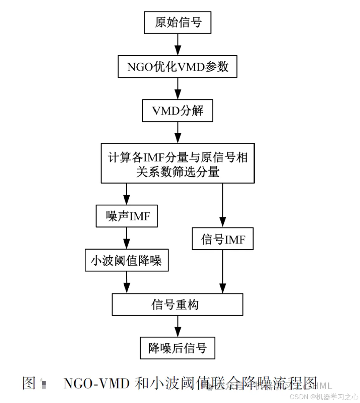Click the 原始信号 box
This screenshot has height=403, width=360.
pyautogui.click(x=178, y=23)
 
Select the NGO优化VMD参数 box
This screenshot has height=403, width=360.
pyautogui.click(x=178, y=67)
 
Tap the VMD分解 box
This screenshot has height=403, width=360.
pyautogui.click(x=178, y=111)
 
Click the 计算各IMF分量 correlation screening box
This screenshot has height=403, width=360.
pyautogui.click(x=178, y=163)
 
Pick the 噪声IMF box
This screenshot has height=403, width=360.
pyautogui.click(x=127, y=216)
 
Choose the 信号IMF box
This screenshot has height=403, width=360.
pyautogui.click(x=222, y=239)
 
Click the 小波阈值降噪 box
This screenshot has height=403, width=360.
pyautogui.click(x=127, y=261)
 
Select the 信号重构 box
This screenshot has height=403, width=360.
pyautogui.click(x=178, y=304)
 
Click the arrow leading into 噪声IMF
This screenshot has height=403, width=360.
pyautogui.click(x=127, y=194)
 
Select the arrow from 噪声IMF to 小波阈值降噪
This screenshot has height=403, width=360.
pyautogui.click(x=127, y=238)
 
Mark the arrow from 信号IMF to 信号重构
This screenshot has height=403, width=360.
pyautogui.click(x=222, y=271)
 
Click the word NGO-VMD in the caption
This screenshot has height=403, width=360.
pyautogui.click(x=97, y=383)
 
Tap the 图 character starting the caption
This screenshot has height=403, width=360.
pyautogui.click(x=29, y=383)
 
